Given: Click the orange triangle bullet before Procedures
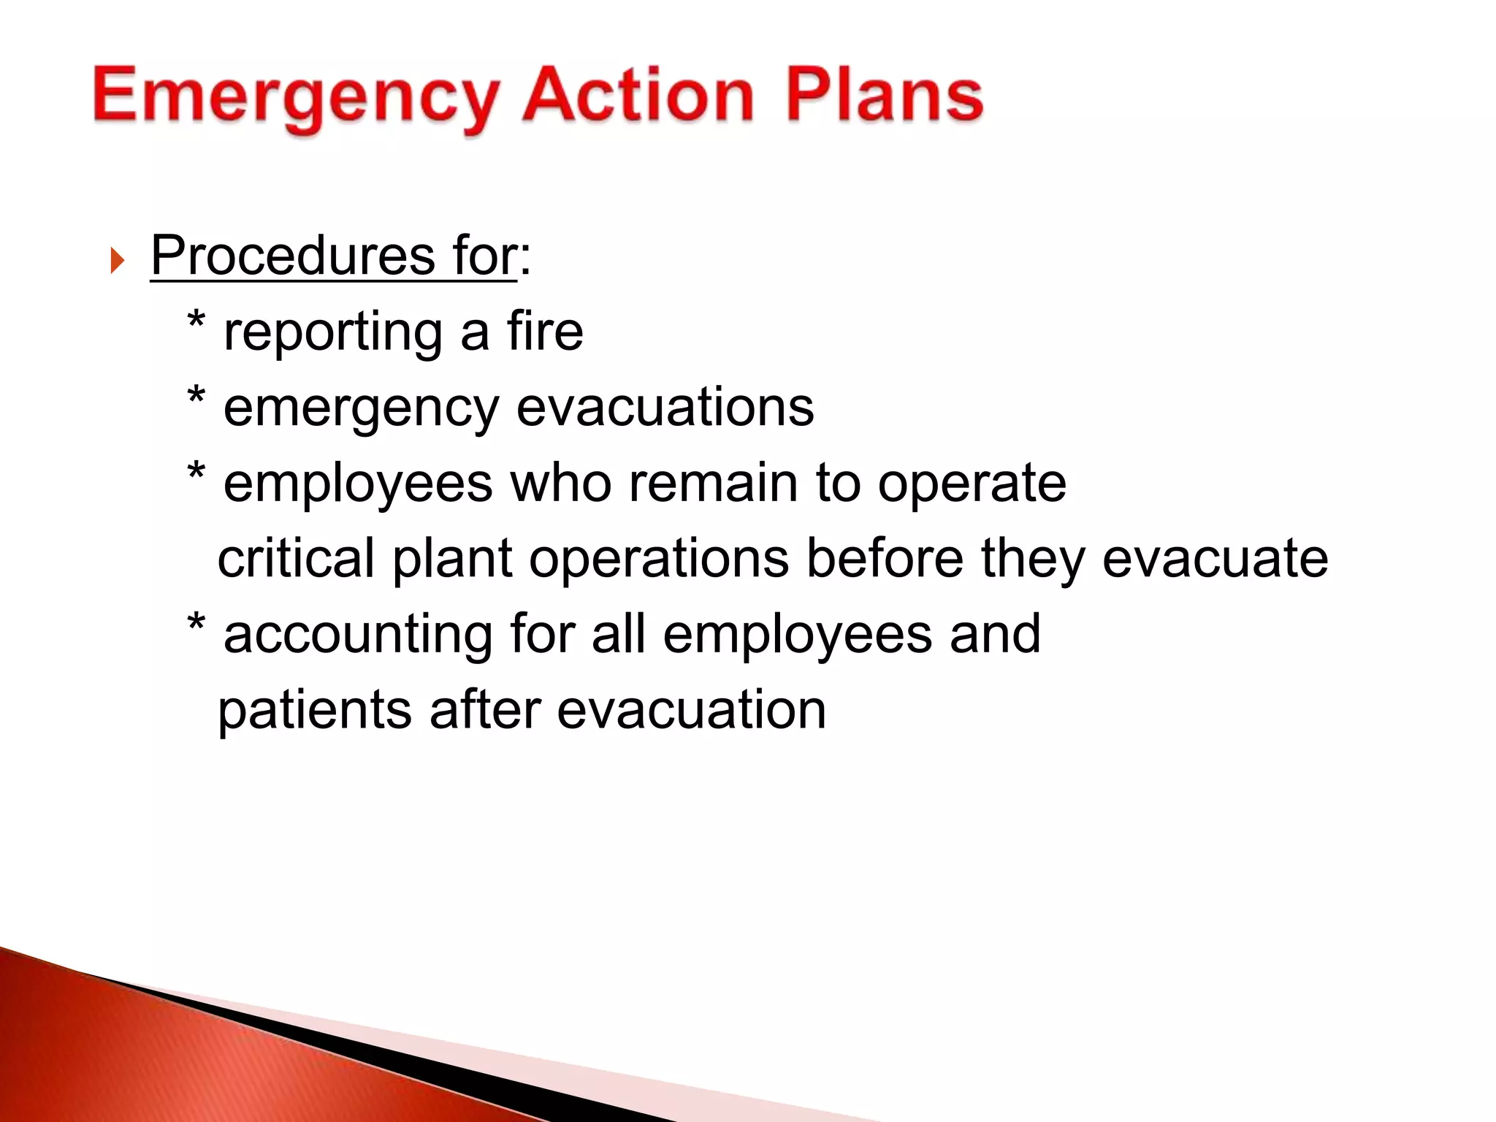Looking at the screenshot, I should pos(117,260).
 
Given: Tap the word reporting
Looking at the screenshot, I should pos(332,332).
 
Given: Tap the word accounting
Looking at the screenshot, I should pos(358,635).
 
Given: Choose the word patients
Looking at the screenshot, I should pos(315,710).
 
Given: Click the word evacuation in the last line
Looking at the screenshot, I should pos(691,710).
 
